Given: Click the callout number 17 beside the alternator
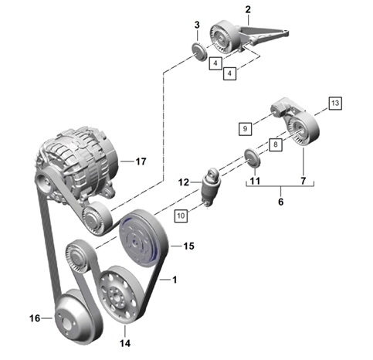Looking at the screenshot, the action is point(141,161).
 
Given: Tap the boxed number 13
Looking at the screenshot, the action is point(335,104).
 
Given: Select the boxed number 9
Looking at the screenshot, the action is point(245,128).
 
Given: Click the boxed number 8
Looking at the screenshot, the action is point(276,144).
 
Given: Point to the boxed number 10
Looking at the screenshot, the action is point(181,216).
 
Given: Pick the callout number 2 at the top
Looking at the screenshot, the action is point(248,10).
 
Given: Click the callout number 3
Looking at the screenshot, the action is point(197,25).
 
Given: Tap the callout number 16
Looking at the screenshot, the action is point(35,318).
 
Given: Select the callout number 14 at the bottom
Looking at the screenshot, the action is point(125,343).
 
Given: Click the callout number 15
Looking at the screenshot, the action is point(188,246).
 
